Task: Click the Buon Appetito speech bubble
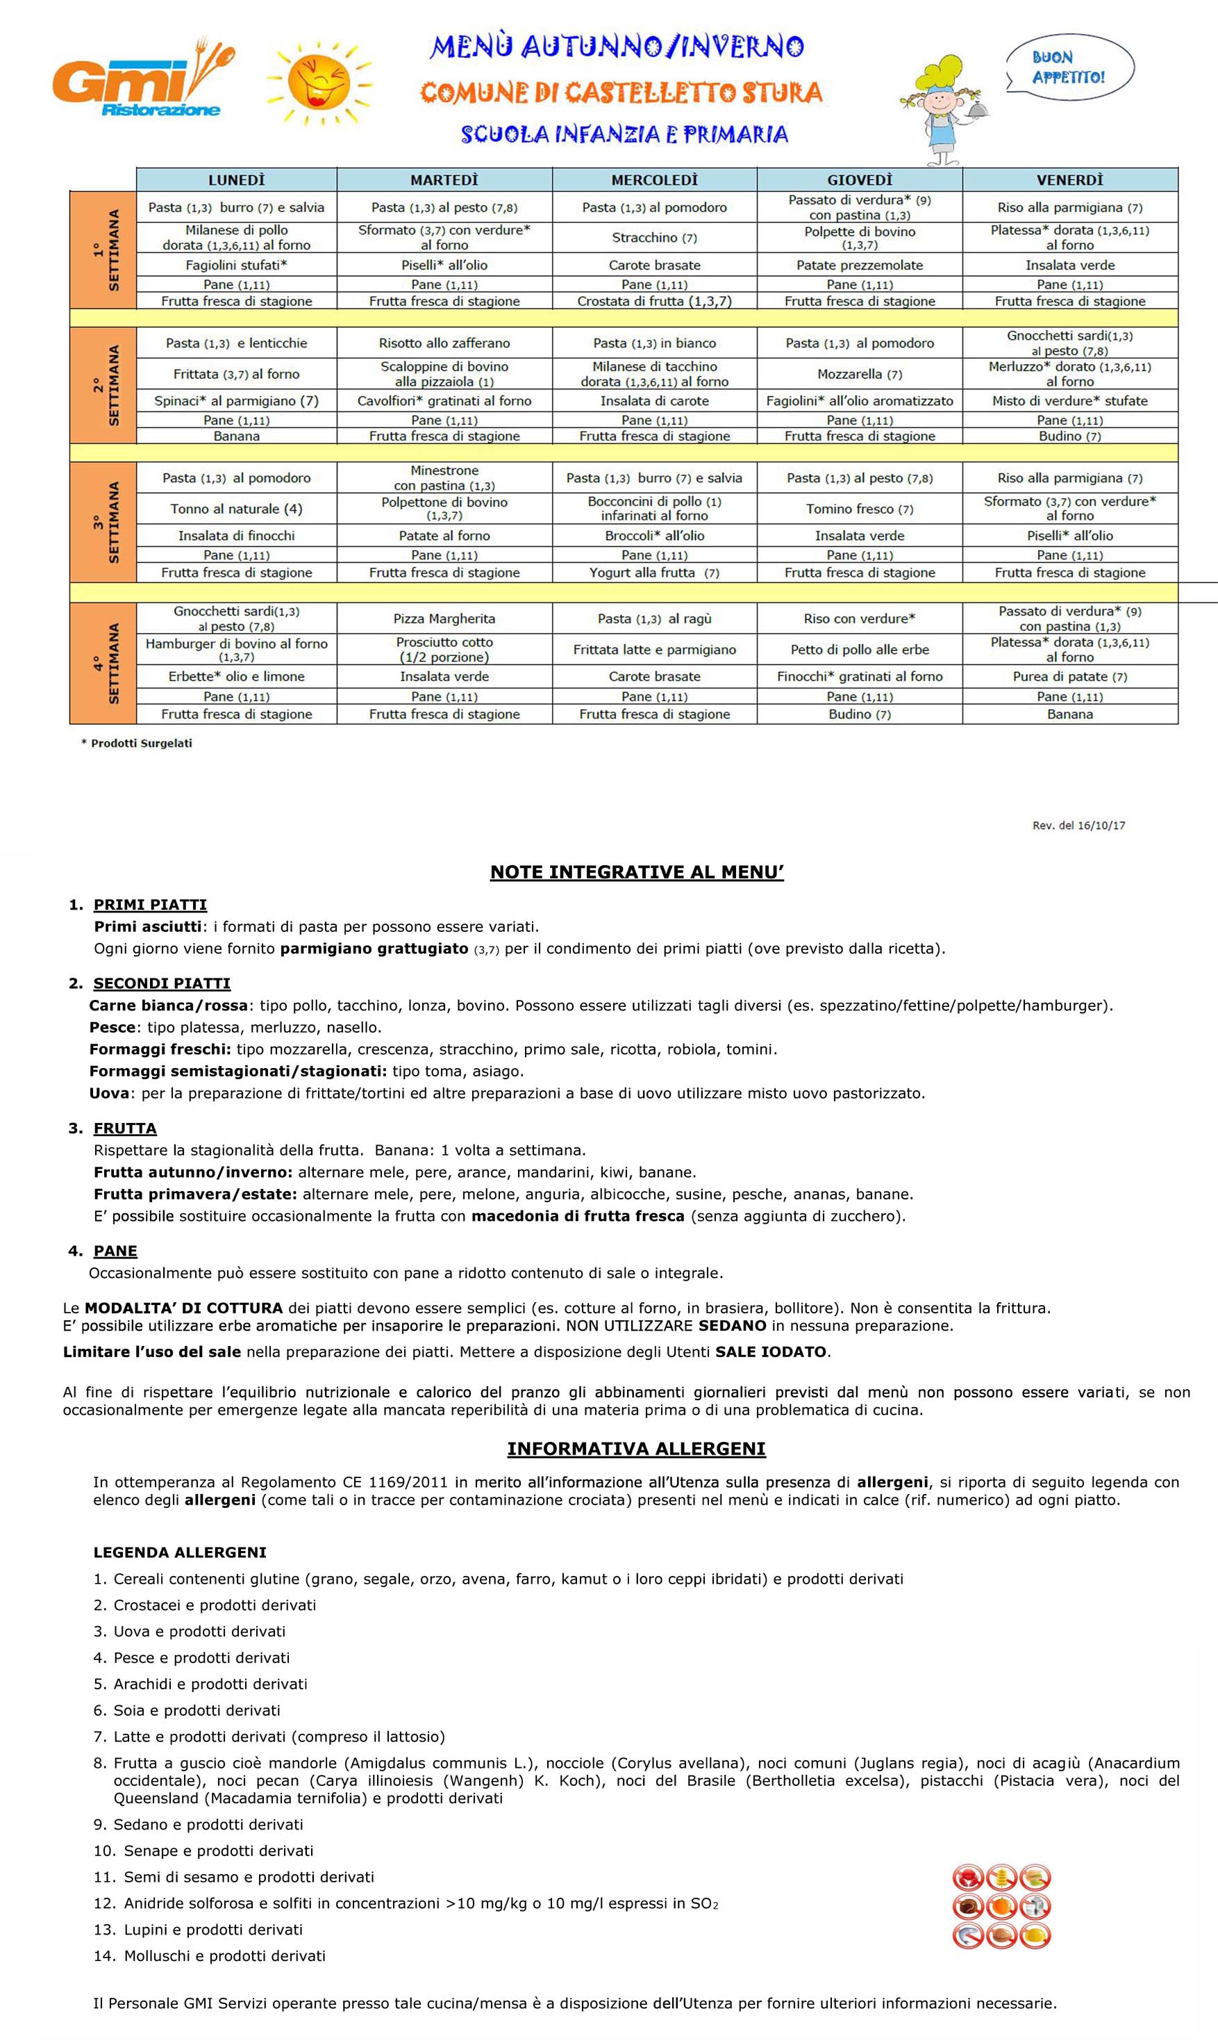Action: (1069, 68)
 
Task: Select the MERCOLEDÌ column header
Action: (654, 180)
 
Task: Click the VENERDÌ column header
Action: (1069, 180)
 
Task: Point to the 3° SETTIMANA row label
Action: (103, 523)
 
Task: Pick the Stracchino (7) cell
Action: (654, 238)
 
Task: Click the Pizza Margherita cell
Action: (444, 618)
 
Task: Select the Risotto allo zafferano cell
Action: (444, 343)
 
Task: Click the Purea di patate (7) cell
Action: (1069, 677)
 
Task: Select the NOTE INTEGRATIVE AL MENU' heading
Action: (637, 872)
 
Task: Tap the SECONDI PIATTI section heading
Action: (162, 983)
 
